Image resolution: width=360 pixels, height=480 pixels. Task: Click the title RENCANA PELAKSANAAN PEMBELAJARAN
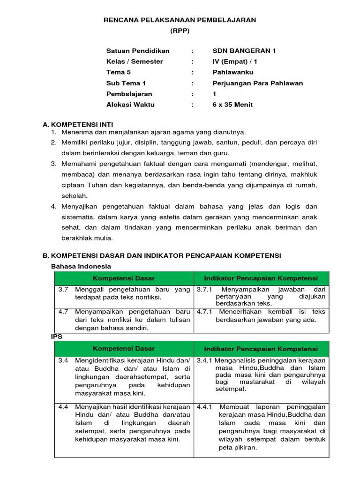180,20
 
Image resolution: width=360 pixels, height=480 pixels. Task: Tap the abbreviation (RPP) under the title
180,30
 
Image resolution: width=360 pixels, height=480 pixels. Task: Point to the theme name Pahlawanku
233,72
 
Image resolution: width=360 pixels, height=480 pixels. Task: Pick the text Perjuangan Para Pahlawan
258,83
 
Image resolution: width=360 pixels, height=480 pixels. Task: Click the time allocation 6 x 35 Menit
232,105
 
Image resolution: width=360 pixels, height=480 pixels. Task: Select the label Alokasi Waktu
130,105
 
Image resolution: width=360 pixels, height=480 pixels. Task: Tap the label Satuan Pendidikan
138,51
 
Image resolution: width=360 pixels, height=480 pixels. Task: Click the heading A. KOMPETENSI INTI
76,125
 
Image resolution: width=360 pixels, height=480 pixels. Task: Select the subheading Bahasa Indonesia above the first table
81,266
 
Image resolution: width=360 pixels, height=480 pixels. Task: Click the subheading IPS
56,337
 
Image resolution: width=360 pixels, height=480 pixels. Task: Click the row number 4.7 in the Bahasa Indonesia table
63,311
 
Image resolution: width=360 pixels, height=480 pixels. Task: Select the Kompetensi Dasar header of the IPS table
124,349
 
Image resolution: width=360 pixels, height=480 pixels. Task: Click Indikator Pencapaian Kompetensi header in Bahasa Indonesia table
261,278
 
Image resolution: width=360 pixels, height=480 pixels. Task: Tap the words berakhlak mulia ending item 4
87,238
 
